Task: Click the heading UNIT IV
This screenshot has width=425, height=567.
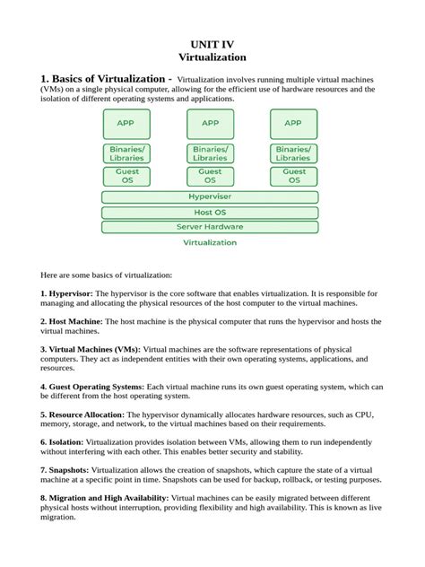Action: pos(212,42)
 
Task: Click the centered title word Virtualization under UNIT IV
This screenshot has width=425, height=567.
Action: pos(212,57)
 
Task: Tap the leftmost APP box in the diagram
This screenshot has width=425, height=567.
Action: pos(126,124)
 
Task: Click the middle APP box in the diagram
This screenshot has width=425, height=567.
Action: pos(210,124)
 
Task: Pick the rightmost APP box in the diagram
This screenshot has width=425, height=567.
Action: pos(293,124)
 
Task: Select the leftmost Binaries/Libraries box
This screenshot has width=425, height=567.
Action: pos(126,153)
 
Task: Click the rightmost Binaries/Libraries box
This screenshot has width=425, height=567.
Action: pos(293,153)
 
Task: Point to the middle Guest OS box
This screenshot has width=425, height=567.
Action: pos(210,176)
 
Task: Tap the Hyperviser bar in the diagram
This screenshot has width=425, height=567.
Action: pos(210,196)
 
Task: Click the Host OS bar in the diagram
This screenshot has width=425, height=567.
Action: pos(210,213)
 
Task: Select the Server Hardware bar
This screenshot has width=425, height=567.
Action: pos(210,227)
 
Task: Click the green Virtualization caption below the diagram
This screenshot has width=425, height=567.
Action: pos(210,242)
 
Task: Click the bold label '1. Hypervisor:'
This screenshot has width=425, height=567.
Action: pos(67,293)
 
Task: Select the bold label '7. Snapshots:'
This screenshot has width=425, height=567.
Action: pos(65,469)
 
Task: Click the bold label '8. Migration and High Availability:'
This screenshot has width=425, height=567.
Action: pos(104,497)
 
